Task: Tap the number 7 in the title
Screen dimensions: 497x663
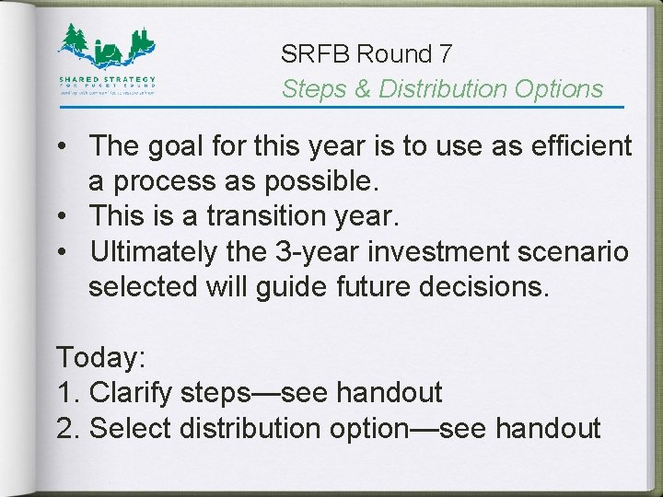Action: click(445, 54)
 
